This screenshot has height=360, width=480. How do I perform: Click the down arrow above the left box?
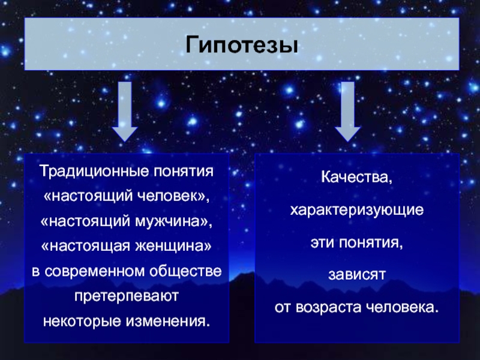pyautogui.click(x=125, y=112)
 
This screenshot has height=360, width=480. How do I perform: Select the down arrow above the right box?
pyautogui.click(x=347, y=112)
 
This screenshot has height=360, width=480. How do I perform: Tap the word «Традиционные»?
pyautogui.click(x=95, y=171)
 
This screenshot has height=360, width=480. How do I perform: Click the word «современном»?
pyautogui.click(x=95, y=272)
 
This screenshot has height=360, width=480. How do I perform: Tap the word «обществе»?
pyautogui.click(x=185, y=271)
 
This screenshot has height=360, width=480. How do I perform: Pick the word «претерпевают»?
pyautogui.click(x=127, y=296)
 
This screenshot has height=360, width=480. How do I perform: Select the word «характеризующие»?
pyautogui.click(x=356, y=211)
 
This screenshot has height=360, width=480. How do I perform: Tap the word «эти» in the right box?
pyautogui.click(x=322, y=243)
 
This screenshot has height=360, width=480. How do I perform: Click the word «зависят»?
pyautogui.click(x=356, y=275)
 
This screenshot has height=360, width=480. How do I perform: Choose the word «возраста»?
pyautogui.click(x=328, y=308)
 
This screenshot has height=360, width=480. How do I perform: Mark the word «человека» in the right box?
pyautogui.click(x=399, y=307)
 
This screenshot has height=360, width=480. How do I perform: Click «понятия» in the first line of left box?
pyautogui.click(x=184, y=172)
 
